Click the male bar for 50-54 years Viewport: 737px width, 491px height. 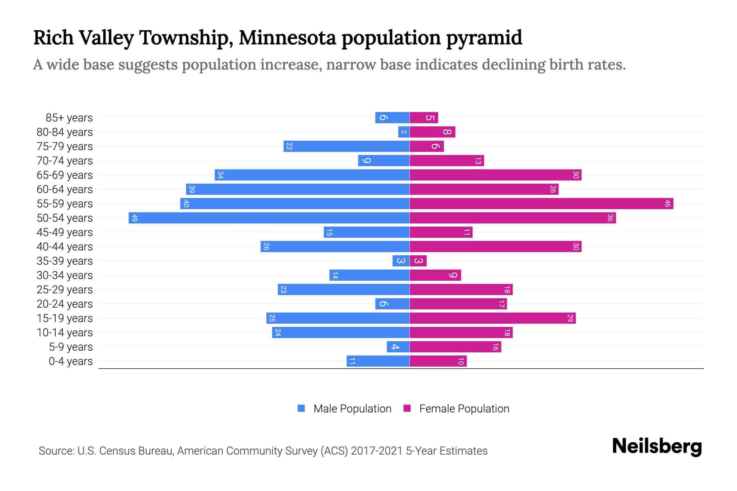pyautogui.click(x=269, y=218)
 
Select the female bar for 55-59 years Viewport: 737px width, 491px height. pyautogui.click(x=541, y=203)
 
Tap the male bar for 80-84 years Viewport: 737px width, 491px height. pyautogui.click(x=404, y=132)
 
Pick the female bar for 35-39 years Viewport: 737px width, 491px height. pyautogui.click(x=418, y=261)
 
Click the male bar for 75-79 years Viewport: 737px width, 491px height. pyautogui.click(x=346, y=146)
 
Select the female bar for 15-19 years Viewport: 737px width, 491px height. pyautogui.click(x=493, y=318)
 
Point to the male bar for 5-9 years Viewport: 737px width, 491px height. pyautogui.click(x=398, y=347)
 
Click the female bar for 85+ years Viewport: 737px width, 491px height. pyautogui.click(x=424, y=117)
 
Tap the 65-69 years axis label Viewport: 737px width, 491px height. pyautogui.click(x=65, y=175)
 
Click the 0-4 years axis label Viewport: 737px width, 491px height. pyautogui.click(x=70, y=361)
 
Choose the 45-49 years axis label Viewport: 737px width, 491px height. pyautogui.click(x=65, y=232)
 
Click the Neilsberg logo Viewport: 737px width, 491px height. pyautogui.click(x=657, y=446)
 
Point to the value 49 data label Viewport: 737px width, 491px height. pyautogui.click(x=135, y=218)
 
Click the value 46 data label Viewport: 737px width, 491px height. pyautogui.click(x=667, y=203)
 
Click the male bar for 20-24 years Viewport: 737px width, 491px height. pyautogui.click(x=392, y=304)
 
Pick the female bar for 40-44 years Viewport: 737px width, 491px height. pyautogui.click(x=495, y=246)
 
